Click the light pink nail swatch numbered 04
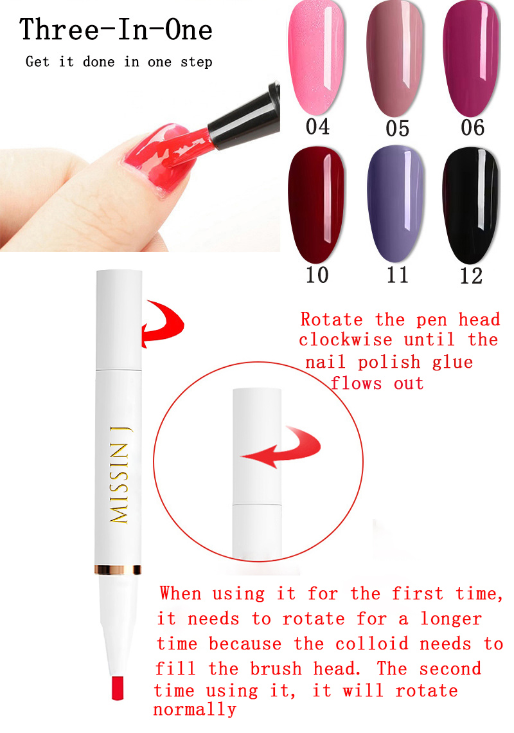(316, 57)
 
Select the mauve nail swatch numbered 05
(395, 58)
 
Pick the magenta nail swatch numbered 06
(472, 58)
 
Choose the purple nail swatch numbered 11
(396, 204)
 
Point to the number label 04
(318, 127)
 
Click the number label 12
(471, 276)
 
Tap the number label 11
(397, 275)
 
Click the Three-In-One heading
(116, 30)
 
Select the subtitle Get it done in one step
(119, 62)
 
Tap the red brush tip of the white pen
(118, 687)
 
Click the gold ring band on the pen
(118, 570)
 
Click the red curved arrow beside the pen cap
(162, 323)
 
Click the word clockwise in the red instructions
(346, 340)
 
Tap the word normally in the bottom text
(195, 710)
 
